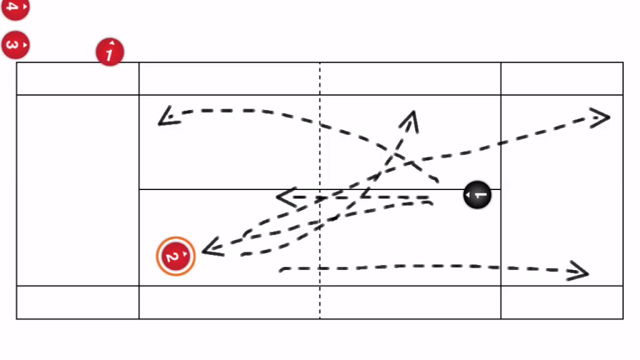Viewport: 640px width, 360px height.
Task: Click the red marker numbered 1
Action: coord(109,52)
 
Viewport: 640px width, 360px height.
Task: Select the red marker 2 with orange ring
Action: coord(175,256)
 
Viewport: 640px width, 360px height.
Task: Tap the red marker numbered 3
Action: coord(15,45)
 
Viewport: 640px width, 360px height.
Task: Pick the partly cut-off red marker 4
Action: coord(15,8)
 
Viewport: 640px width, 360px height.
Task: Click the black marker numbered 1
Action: coord(477,195)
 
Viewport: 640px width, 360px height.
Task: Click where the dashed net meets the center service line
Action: coord(320,189)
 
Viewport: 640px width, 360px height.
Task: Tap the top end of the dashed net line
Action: coord(320,62)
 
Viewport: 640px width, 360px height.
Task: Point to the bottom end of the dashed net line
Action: coord(320,318)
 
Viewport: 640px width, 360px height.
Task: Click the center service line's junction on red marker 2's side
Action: coord(139,189)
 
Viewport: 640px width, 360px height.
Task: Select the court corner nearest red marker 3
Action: coord(16,62)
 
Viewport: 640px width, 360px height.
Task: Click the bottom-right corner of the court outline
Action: coord(623,318)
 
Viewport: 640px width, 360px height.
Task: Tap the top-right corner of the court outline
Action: coord(623,62)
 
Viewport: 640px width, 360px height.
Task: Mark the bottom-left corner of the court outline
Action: coord(16,318)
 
